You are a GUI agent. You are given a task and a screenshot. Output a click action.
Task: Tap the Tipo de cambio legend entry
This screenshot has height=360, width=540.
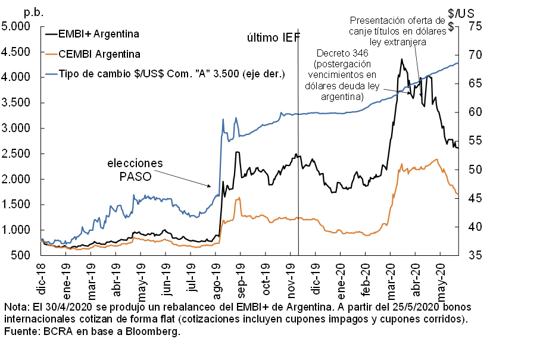click(x=172, y=74)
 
